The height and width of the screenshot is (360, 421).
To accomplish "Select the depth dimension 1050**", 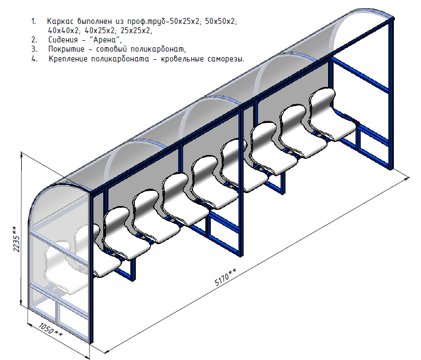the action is coord(51,330).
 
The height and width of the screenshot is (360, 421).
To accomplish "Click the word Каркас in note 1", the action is coord(60,22).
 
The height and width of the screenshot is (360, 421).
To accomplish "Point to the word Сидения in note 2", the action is coord(63,40).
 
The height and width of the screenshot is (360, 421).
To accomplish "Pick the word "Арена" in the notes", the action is coord(107,40).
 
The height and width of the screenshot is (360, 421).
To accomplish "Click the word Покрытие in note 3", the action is coord(66,49).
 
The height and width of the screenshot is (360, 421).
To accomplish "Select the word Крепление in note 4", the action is coord(68,59).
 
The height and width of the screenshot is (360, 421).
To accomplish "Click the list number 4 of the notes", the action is coord(34,59).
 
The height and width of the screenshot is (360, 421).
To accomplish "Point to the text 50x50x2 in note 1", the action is coord(221,22).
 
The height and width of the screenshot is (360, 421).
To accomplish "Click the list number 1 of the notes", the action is coord(34,22).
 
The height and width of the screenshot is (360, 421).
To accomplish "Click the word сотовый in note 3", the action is coord(111,49).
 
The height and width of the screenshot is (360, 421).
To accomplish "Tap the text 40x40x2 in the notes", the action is coord(64,30).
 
